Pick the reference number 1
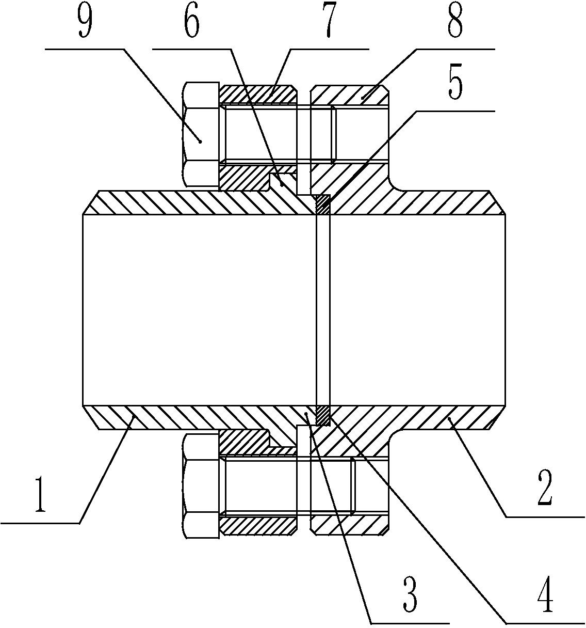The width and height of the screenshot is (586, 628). point(40,495)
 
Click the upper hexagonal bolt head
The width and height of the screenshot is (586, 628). point(201,135)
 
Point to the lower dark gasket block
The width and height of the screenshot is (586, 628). point(323,415)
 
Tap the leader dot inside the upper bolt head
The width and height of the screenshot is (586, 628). point(200,142)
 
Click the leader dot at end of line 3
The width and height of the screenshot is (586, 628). point(306,414)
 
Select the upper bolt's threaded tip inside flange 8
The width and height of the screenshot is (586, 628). point(333,135)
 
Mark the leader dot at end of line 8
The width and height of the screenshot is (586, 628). point(362,99)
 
